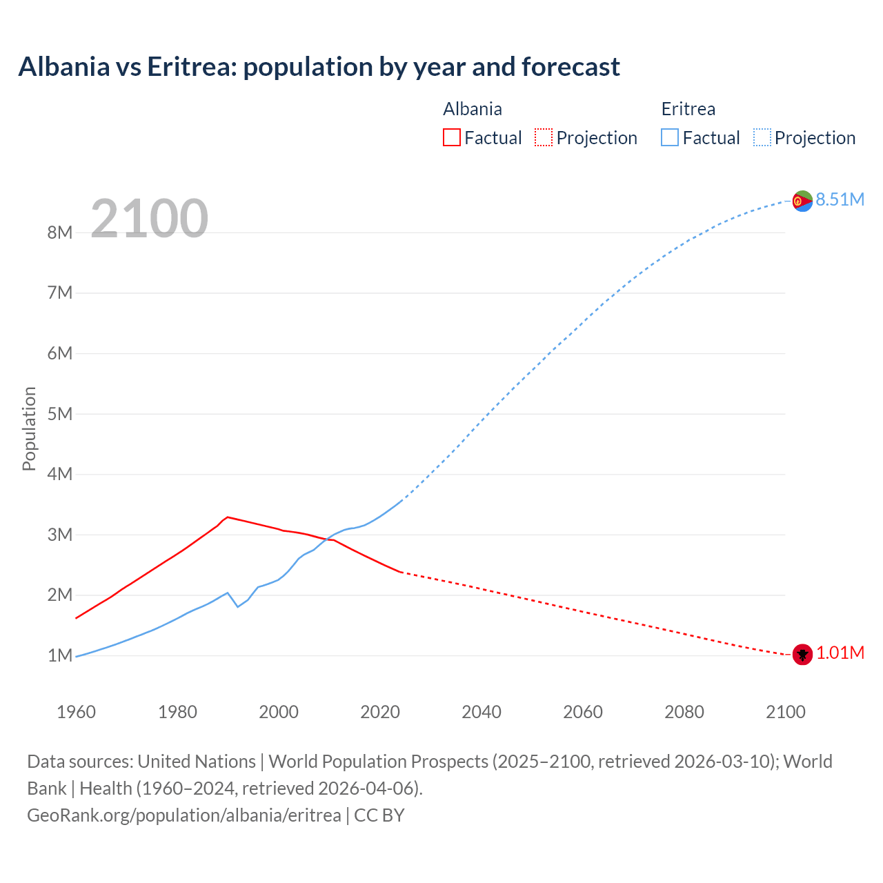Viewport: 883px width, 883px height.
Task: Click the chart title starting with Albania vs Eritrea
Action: click(319, 67)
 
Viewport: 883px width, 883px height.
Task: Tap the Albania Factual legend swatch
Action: click(451, 137)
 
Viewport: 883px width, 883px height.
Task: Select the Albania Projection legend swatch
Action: click(544, 137)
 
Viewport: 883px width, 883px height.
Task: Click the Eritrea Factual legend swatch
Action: click(670, 137)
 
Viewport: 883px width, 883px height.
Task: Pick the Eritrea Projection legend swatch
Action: click(762, 137)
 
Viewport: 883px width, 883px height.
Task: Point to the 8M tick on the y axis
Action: click(60, 232)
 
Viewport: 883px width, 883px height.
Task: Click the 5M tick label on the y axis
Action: click(60, 414)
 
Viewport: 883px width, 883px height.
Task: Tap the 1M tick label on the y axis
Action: click(60, 655)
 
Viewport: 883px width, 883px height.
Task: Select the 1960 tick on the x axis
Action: click(76, 712)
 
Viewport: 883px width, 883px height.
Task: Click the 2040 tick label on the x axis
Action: click(482, 712)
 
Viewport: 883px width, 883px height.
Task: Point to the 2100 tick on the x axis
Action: click(786, 712)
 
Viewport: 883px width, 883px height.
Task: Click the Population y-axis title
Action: click(29, 428)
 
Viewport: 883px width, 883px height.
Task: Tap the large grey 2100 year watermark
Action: click(149, 219)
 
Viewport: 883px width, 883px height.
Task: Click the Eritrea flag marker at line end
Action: click(802, 201)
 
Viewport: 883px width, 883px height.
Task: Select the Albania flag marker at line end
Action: click(802, 654)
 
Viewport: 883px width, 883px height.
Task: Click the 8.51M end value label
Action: click(840, 199)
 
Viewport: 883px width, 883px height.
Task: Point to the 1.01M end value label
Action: click(840, 653)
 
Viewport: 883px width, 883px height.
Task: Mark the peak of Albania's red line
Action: click(228, 517)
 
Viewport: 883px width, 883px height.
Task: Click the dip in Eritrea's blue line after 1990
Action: click(238, 606)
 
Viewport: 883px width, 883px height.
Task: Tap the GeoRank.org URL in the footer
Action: click(184, 815)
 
